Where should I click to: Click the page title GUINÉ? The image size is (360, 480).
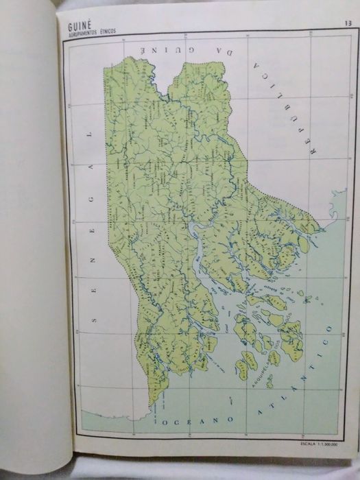pos(80,28)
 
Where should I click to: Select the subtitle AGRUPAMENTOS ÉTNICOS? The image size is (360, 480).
pos(90,36)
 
